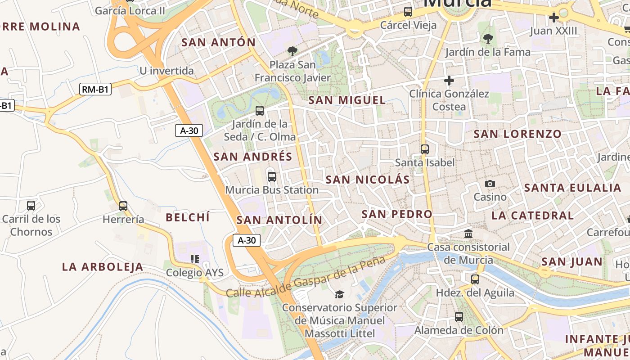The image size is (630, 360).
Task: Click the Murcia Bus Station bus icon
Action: pos(271,176)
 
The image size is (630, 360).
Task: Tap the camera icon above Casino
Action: pos(490,184)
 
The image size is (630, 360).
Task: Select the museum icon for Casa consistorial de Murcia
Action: pos(468,234)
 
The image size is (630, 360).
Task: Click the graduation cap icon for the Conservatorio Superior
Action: pos(339,294)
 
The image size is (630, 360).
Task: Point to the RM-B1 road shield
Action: pos(95,89)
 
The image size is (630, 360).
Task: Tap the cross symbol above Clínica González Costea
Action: pos(449,81)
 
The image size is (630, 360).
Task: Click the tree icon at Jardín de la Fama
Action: pos(488,39)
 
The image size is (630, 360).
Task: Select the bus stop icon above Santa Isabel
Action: pos(424,149)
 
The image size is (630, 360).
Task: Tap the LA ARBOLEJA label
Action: pos(103,267)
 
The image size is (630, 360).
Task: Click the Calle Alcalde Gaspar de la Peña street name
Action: pos(306,277)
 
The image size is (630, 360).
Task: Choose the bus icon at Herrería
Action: pos(123,206)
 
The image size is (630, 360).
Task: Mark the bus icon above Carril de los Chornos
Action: pos(31,206)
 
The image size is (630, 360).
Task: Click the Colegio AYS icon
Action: pos(194,259)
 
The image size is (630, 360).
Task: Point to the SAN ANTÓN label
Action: pos(218,43)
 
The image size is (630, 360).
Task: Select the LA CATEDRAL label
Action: pos(532,216)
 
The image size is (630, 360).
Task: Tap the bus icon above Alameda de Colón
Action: pos(459,317)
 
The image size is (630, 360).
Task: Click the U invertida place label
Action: pos(166,71)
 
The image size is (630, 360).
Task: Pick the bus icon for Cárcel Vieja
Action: pos(408,12)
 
